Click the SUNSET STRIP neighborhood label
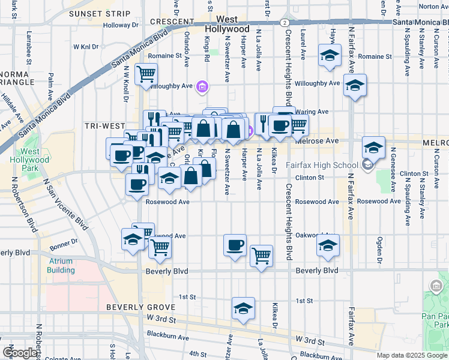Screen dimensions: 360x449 pyautogui.click(x=100, y=13)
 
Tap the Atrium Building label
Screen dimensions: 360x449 pyautogui.click(x=61, y=266)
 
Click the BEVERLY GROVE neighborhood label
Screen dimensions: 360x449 pyautogui.click(x=132, y=307)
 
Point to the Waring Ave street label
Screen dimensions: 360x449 pyautogui.click(x=315, y=112)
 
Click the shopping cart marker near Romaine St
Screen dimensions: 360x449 pyautogui.click(x=146, y=75)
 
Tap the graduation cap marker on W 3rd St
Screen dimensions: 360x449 pyautogui.click(x=243, y=308)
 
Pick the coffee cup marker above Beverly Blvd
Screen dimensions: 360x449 pyautogui.click(x=235, y=245)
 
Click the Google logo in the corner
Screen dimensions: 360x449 pyautogui.click(x=20, y=353)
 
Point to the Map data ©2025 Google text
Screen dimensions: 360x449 pyautogui.click(x=412, y=355)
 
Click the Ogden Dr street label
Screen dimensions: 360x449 pyautogui.click(x=379, y=244)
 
